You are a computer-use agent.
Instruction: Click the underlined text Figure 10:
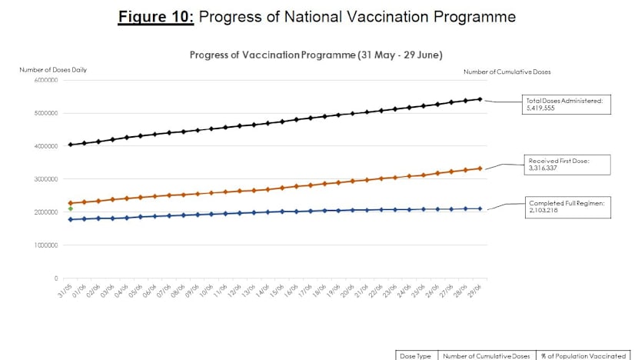click(157, 16)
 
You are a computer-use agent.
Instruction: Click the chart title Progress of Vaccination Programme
click(316, 55)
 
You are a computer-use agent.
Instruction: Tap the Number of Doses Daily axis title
click(53, 70)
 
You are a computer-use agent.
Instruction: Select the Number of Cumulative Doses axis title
click(507, 72)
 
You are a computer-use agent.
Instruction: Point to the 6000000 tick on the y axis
click(45, 80)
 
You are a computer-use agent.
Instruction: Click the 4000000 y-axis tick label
click(45, 146)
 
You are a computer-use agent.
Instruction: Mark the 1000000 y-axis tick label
click(45, 245)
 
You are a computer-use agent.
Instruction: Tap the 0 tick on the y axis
click(56, 278)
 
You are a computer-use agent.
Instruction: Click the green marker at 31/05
click(71, 208)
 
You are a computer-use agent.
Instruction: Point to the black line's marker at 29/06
click(480, 99)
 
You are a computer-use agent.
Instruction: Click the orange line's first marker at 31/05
click(71, 203)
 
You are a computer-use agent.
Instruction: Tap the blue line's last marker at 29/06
click(480, 208)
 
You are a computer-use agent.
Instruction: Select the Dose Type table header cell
click(416, 355)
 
